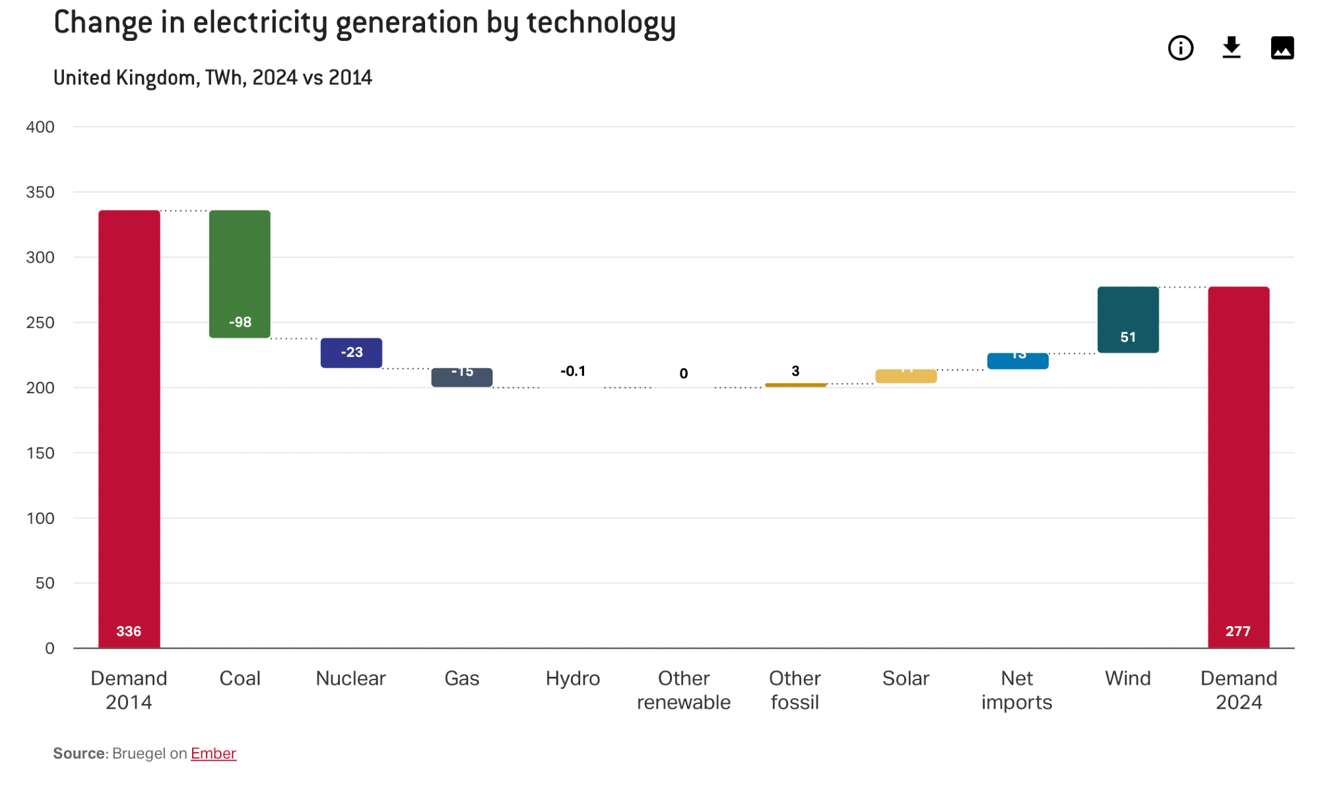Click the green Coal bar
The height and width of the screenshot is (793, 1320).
240,274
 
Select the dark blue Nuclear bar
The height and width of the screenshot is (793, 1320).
351,353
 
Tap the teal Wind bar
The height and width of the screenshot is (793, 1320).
1128,319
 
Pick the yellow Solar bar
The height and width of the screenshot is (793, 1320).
906,376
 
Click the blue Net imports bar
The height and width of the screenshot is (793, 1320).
1017,361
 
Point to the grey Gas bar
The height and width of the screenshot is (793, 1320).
462,377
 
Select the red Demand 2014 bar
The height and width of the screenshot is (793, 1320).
129,429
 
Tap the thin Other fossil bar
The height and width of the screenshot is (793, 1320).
795,385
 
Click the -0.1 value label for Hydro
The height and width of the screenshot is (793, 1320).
573,371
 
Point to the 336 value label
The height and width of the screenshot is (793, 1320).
129,631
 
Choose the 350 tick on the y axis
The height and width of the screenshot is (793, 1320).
40,193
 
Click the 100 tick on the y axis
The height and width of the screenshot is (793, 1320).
40,519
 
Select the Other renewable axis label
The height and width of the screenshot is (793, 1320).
684,690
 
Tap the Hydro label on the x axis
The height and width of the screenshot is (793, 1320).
573,678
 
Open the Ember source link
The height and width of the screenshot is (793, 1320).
213,753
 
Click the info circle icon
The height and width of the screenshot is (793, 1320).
1181,48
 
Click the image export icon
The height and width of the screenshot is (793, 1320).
1282,48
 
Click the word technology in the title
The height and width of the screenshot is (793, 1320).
601,23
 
